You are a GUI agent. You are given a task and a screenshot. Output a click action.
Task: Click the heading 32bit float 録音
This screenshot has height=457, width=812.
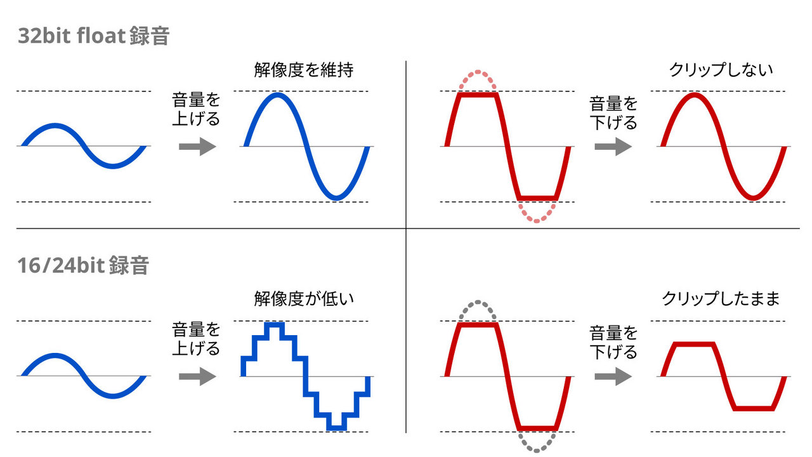pyautogui.click(x=93, y=36)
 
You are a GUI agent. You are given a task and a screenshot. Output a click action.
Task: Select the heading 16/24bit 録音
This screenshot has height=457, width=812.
pyautogui.click(x=83, y=265)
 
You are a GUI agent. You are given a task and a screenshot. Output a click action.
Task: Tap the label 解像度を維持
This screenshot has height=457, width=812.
pyautogui.click(x=304, y=70)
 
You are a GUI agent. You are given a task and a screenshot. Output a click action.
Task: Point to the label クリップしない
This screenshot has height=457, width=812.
pyautogui.click(x=721, y=70)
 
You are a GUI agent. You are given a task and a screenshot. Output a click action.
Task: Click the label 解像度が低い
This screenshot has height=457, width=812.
pyautogui.click(x=304, y=299)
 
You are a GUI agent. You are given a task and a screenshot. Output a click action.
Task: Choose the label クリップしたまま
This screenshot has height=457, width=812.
pyautogui.click(x=721, y=299)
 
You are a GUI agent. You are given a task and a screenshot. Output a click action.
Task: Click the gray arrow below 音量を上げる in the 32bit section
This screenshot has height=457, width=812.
pyautogui.click(x=197, y=147)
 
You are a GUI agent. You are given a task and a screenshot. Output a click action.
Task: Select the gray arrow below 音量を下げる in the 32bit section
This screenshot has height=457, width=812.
pyautogui.click(x=613, y=147)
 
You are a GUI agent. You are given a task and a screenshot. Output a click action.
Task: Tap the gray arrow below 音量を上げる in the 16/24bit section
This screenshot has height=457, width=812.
pyautogui.click(x=197, y=376)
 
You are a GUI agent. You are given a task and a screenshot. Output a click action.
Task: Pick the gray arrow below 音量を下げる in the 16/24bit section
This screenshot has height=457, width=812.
pyautogui.click(x=613, y=376)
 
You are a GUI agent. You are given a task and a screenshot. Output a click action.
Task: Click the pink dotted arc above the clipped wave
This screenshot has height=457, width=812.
pyautogui.click(x=478, y=72)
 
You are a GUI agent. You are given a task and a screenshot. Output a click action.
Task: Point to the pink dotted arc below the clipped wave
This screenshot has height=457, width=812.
pyautogui.click(x=537, y=220)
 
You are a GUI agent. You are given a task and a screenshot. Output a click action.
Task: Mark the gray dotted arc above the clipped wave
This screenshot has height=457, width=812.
pyautogui.click(x=478, y=301)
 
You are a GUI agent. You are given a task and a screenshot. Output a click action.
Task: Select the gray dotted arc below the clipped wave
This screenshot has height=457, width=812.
pyautogui.click(x=537, y=450)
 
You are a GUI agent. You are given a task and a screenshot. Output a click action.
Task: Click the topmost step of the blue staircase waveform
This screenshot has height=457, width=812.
pyautogui.click(x=275, y=324)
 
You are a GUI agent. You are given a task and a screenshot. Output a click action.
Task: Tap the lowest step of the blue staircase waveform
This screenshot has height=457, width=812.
pyautogui.click(x=337, y=428)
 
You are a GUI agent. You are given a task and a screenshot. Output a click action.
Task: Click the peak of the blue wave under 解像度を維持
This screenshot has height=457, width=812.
pyautogui.click(x=277, y=95)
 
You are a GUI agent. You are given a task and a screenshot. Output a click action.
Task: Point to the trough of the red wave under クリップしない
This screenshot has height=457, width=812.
pyautogui.click(x=753, y=197)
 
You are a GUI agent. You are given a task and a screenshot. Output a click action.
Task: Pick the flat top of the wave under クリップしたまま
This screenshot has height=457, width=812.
pyautogui.click(x=695, y=344)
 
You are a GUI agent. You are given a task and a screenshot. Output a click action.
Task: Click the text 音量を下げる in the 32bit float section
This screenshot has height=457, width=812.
pyautogui.click(x=613, y=113)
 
